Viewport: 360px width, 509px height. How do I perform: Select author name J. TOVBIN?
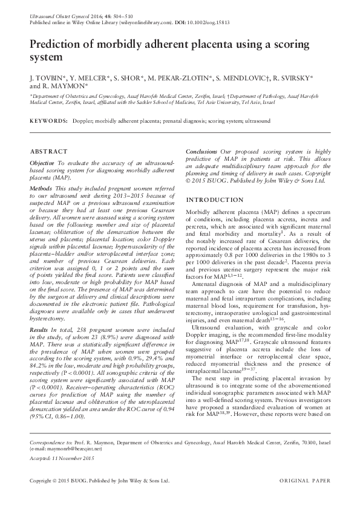click(50, 78)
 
